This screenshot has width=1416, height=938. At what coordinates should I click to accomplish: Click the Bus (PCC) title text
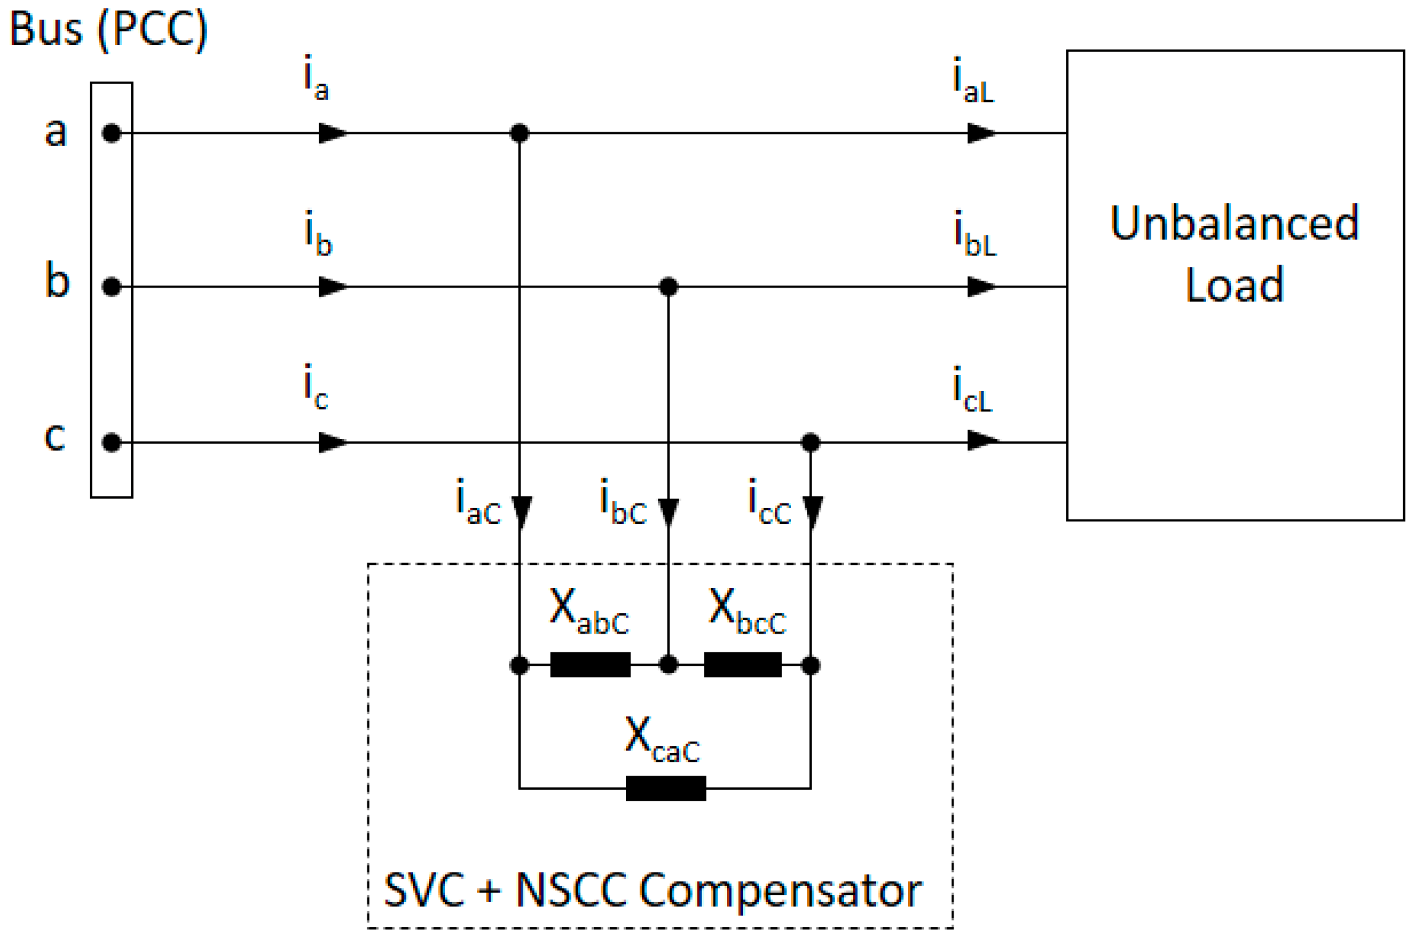(x=108, y=29)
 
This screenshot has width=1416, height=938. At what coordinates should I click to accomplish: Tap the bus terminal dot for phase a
(x=112, y=133)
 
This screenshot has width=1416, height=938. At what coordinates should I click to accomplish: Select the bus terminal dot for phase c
(x=112, y=442)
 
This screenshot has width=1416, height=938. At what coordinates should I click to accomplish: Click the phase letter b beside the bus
(x=57, y=281)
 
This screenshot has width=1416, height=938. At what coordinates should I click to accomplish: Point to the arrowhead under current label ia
(x=333, y=133)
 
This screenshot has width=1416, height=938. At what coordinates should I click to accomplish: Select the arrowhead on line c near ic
(x=333, y=442)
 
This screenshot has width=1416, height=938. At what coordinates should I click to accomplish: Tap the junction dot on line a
(x=520, y=133)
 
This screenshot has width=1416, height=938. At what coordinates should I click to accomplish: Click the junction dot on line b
(x=669, y=286)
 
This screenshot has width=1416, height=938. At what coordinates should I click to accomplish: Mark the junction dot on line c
(x=810, y=442)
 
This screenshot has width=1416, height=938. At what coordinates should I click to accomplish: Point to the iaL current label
(x=973, y=81)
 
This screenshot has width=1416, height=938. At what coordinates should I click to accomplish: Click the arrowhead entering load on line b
(x=981, y=286)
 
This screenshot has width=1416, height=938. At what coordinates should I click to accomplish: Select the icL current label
(x=972, y=390)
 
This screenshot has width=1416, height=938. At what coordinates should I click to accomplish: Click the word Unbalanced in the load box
(x=1234, y=223)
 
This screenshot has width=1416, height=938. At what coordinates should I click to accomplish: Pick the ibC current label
(x=622, y=503)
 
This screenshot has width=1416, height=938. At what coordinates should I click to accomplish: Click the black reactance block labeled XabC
(x=590, y=664)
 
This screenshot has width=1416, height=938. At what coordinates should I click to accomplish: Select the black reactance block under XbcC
(x=743, y=664)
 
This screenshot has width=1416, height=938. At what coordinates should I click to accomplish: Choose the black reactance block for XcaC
(x=666, y=788)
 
